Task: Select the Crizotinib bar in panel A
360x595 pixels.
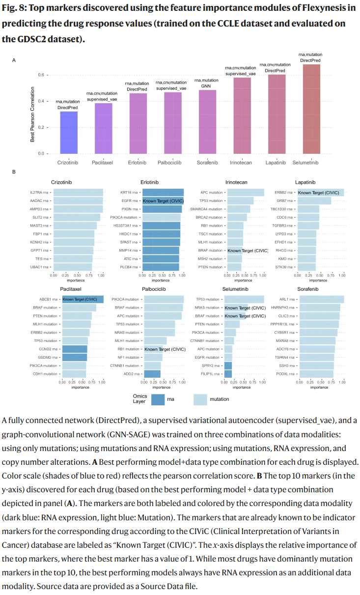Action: click(69, 133)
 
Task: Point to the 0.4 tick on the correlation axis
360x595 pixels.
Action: click(41, 101)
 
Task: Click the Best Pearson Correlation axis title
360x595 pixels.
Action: click(32, 114)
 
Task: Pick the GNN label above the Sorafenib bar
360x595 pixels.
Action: click(206, 85)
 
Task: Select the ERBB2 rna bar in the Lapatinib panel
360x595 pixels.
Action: click(321, 193)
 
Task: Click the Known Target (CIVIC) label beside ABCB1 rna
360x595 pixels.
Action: click(81, 299)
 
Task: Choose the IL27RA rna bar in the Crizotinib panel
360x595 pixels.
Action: click(78, 193)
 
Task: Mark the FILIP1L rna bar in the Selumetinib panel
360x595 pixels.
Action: click(228, 374)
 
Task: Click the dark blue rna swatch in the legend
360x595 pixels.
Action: click(158, 399)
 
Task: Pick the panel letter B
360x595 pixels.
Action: click(14, 172)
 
